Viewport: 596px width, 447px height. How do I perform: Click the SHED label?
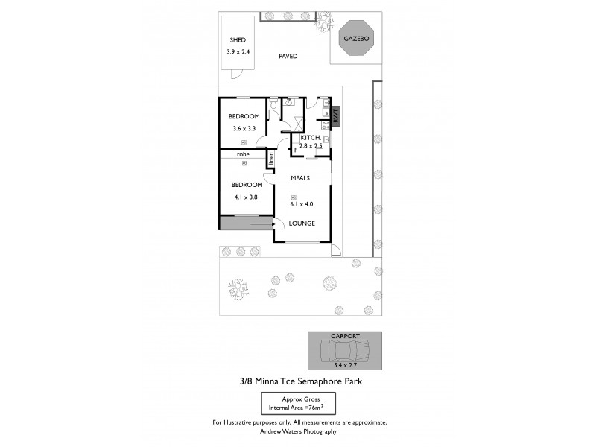(238, 40)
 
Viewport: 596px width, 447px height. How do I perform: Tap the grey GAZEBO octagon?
(356, 39)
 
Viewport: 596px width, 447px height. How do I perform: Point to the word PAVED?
(288, 56)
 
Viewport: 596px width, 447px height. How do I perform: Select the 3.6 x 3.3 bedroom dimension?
(244, 129)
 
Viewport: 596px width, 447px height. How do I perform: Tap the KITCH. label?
(311, 138)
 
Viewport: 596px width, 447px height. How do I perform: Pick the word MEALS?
(300, 177)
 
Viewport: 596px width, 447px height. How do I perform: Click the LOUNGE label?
(302, 223)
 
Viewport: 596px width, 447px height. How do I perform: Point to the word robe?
(243, 154)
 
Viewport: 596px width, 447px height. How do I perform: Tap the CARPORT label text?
(345, 336)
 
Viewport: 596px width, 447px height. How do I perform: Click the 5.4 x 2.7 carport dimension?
(345, 365)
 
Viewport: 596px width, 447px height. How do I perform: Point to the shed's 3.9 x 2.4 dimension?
(238, 52)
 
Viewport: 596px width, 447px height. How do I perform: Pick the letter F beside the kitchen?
(295, 150)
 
